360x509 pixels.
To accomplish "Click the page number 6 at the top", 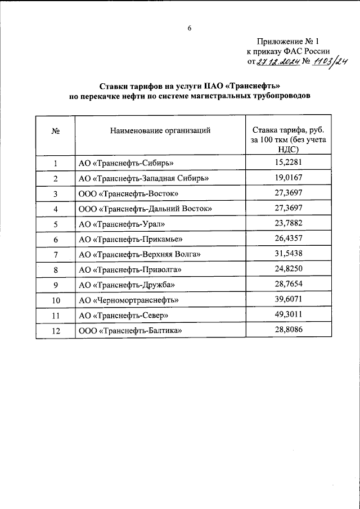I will [x=190, y=28].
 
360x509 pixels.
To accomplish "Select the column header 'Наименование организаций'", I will [x=160, y=130].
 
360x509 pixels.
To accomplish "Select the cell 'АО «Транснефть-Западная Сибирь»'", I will [x=144, y=178].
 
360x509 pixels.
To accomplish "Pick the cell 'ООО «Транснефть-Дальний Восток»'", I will [x=145, y=209].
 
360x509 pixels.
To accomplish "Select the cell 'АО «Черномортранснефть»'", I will [x=129, y=300].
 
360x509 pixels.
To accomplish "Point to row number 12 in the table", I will [x=56, y=331].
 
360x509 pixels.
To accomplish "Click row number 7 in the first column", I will [x=56, y=255].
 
